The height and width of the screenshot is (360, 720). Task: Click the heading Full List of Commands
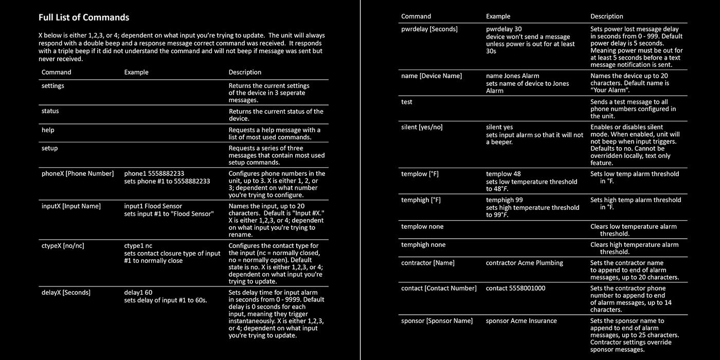coord(84,17)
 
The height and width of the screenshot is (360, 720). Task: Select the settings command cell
coord(53,86)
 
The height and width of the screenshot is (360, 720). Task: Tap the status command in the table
coord(50,111)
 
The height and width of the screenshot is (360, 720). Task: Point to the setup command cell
coord(50,148)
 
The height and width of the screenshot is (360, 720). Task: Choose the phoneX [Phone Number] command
coord(78,174)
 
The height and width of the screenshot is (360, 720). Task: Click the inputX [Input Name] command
coord(71,206)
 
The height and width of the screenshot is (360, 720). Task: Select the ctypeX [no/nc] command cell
coord(63,246)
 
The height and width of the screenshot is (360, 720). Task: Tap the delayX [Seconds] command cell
coord(66,293)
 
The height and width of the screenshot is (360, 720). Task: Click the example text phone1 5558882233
coord(154,174)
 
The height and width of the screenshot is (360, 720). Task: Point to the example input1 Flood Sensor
coord(153,206)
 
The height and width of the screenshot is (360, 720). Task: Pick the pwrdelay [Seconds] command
coord(429,29)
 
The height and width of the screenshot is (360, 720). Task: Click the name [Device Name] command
coord(431,76)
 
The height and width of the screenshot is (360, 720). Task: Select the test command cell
coord(407,102)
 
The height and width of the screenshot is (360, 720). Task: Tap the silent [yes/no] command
coord(422,128)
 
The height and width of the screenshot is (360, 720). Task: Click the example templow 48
coord(503,174)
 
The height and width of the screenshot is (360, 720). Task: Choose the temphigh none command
coord(423,245)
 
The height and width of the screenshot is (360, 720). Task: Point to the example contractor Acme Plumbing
coord(525,263)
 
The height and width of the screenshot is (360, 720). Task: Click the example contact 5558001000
coord(516,289)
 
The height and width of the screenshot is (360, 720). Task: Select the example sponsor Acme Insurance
coord(521,321)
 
